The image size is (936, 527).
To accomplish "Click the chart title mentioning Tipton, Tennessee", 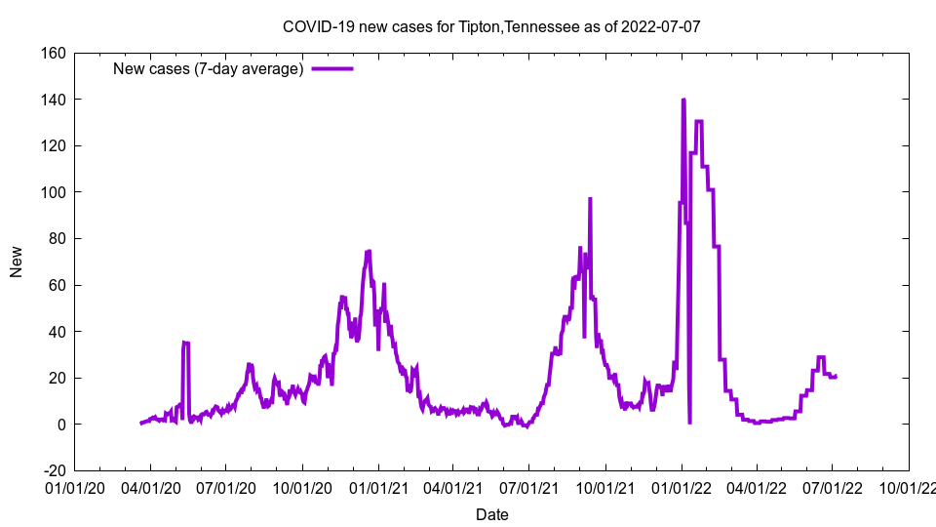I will (x=491, y=26).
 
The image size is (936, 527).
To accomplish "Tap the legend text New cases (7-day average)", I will (x=209, y=68).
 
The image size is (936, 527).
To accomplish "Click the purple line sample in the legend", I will (x=331, y=68).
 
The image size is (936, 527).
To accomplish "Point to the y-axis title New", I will (x=17, y=262).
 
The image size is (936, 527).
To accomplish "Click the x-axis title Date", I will (x=491, y=514).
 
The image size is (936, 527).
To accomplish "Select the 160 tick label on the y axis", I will (x=53, y=53).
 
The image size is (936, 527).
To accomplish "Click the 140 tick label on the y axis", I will (x=53, y=100).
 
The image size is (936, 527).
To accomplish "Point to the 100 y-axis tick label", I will (x=53, y=192).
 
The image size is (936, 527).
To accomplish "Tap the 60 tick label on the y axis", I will (x=57, y=285).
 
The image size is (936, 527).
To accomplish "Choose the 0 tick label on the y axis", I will (x=60, y=425).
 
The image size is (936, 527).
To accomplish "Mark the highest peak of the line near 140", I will (x=683, y=100).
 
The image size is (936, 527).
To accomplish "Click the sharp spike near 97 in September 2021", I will (x=590, y=199).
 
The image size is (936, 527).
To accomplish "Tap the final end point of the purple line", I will (x=836, y=376).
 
